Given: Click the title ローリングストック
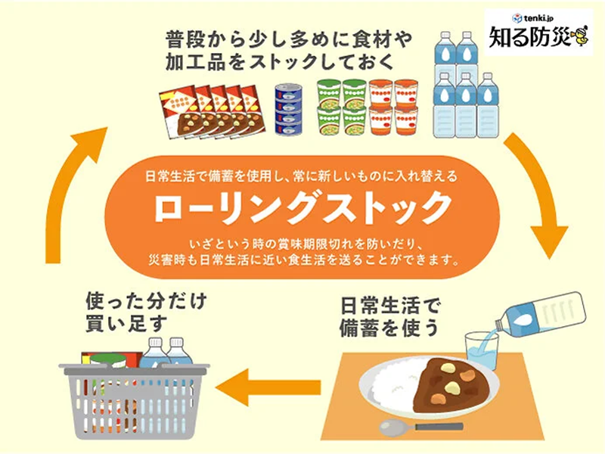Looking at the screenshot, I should [x=302, y=207].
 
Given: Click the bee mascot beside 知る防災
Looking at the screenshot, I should [x=579, y=35].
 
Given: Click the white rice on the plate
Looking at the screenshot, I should [x=393, y=382].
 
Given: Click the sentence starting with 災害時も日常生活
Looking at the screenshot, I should [x=302, y=261].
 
